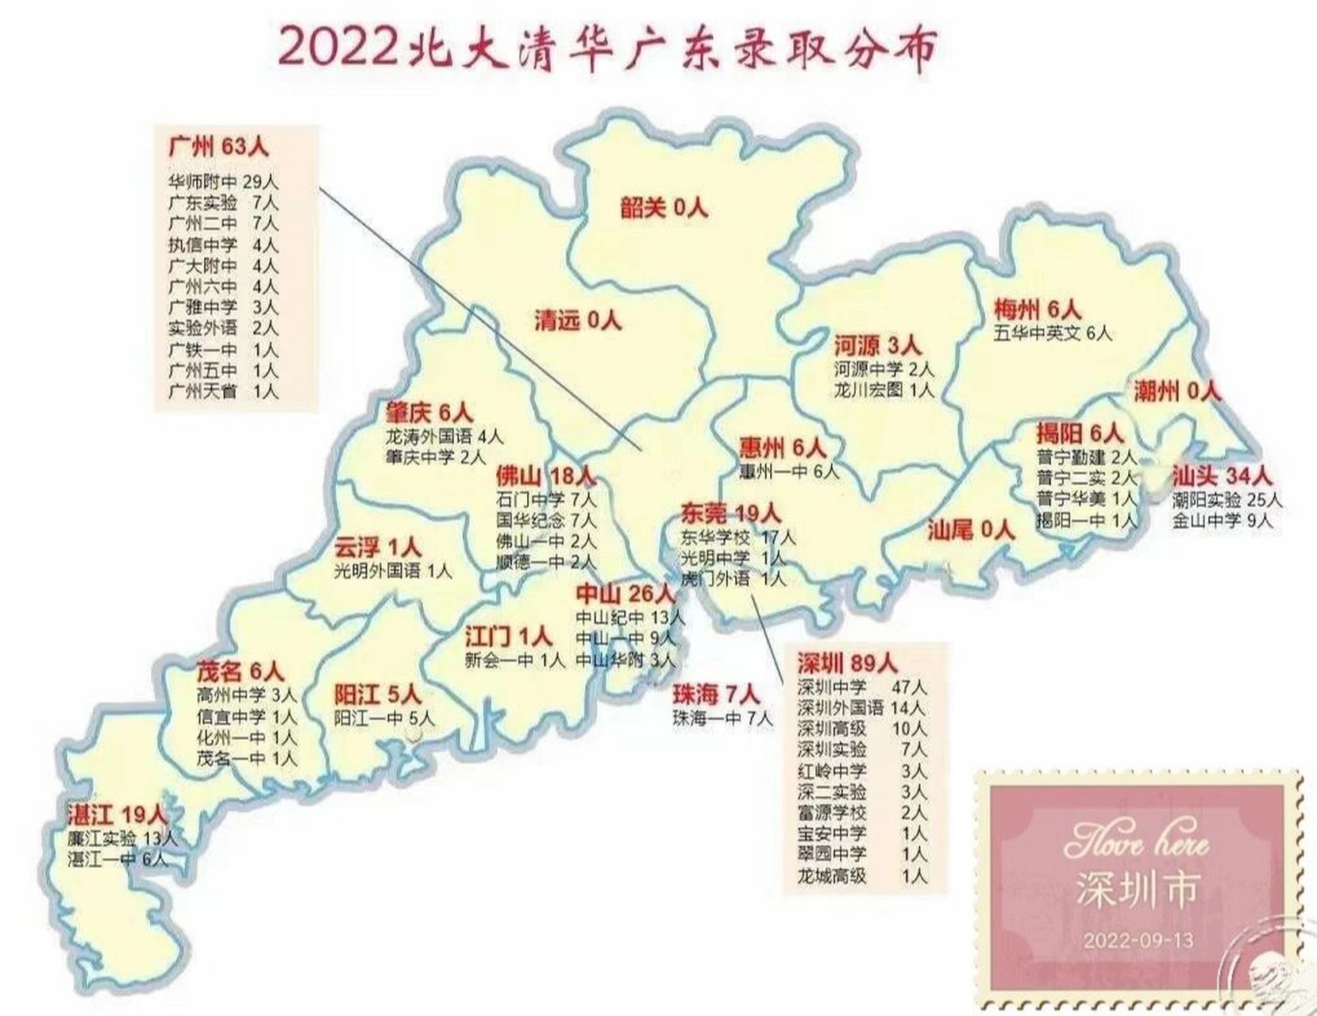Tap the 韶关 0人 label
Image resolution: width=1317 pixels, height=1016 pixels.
[663, 208]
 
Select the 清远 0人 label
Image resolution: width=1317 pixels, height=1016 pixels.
[577, 320]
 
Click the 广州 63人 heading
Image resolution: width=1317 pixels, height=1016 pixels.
[218, 147]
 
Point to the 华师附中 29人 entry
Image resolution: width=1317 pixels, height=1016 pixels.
[223, 182]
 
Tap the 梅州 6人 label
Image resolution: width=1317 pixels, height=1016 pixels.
[1037, 310]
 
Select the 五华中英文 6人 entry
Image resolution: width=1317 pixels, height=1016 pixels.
[1053, 333]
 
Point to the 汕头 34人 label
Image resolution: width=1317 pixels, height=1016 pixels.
[1222, 476]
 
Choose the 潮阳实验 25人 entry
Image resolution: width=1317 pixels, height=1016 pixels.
[1227, 500]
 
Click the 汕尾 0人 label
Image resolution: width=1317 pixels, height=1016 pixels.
[971, 529]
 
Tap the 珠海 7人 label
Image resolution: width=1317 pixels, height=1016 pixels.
[716, 695]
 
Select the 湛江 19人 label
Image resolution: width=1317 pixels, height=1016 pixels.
[117, 814]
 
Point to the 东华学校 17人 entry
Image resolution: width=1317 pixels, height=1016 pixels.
[737, 537]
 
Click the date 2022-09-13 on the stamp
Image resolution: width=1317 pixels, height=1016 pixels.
[1138, 941]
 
